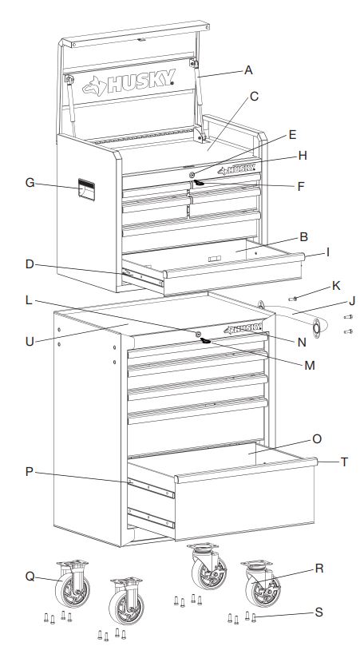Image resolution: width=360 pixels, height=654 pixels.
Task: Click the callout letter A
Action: point(248,70)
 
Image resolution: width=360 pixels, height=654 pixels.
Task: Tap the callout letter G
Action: point(30,183)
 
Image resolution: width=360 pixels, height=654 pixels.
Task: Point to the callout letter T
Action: point(343,461)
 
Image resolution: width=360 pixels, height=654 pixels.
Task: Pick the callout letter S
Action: point(318,612)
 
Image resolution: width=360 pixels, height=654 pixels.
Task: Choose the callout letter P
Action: point(30,472)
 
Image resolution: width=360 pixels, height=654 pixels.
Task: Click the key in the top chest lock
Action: point(198,182)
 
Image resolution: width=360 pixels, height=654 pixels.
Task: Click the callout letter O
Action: point(317,438)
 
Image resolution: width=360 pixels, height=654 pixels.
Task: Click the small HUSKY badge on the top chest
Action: point(238,169)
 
